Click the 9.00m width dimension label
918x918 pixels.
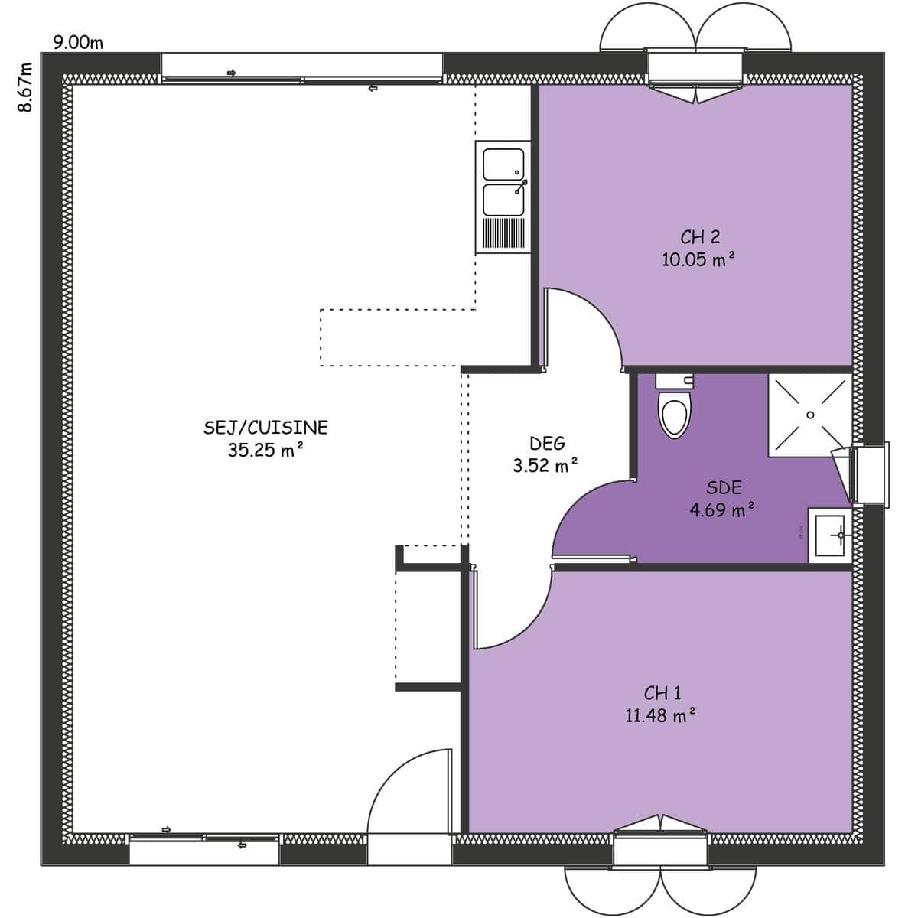coord(78,42)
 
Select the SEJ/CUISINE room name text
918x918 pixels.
coord(265,428)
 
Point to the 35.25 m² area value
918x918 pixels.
coord(265,450)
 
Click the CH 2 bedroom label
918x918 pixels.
coord(700,236)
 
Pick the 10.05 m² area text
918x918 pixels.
coord(698,259)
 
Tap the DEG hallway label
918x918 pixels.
coord(547,444)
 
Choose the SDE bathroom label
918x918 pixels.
coord(724,488)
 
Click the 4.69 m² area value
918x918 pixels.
coord(722,510)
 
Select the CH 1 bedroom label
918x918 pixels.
coord(662,693)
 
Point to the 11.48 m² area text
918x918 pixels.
coord(660,715)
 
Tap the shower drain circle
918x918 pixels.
coord(810,415)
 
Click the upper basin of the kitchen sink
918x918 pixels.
coord(503,164)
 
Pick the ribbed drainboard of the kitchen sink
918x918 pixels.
coord(503,233)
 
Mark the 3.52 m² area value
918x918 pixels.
coord(545,465)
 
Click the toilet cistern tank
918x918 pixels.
coord(675,382)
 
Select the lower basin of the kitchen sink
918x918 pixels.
coord(503,200)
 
